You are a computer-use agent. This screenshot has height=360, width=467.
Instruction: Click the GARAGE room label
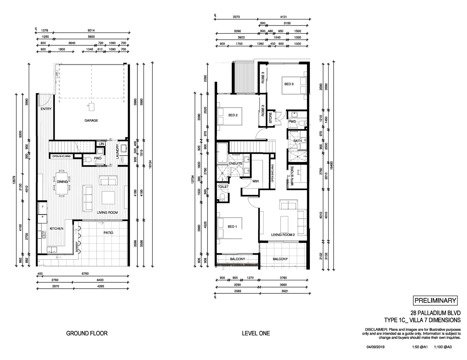tap(91, 120)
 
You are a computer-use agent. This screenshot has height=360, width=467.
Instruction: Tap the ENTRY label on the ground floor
tap(46, 109)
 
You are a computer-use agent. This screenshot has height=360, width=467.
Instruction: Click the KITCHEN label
tap(56, 229)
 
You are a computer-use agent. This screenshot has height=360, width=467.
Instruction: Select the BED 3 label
tap(289, 84)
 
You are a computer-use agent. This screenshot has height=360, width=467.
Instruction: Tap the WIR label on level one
tap(256, 181)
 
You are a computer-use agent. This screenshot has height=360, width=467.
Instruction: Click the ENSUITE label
tap(236, 164)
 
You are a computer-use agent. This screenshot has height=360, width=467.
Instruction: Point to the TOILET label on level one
tap(223, 187)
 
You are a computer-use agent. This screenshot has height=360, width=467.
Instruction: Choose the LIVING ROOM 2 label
tap(283, 235)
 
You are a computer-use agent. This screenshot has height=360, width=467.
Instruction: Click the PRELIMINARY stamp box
tap(435, 300)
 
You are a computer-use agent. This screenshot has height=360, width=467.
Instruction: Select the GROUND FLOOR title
tap(87, 333)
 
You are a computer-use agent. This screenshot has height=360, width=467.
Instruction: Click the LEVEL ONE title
tap(256, 333)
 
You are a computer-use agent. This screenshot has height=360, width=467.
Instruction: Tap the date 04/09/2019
tap(376, 347)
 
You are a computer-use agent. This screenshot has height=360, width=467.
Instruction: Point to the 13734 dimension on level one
tap(193, 180)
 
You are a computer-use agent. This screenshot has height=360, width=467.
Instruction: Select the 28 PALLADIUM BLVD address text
tap(435, 313)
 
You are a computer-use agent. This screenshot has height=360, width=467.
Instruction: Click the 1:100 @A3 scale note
tap(443, 347)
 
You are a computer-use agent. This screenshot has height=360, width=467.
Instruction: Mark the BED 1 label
tap(232, 227)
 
